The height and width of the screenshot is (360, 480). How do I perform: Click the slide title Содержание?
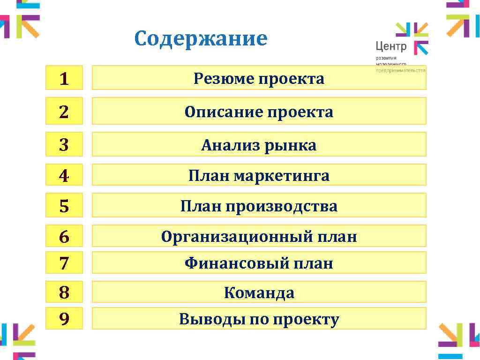200,39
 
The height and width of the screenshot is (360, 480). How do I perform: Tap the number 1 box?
64,78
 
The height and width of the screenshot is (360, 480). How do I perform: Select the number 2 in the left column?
64,112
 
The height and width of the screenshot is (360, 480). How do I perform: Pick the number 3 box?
64,145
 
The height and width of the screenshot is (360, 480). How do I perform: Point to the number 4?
64,175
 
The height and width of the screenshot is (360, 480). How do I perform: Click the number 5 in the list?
64,206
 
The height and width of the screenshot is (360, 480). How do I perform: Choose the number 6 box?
64,236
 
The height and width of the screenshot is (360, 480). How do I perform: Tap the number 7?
64,263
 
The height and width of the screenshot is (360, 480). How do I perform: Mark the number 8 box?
64,292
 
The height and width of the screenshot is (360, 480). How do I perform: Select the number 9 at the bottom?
64,319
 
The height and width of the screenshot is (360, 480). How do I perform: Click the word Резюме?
223,79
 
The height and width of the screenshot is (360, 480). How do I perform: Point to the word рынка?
291,146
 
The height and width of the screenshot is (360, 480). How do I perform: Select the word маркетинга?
281,176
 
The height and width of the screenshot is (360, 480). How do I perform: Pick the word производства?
281,206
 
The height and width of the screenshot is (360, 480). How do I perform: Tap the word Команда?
259,293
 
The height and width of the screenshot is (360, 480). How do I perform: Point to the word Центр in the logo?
391,46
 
